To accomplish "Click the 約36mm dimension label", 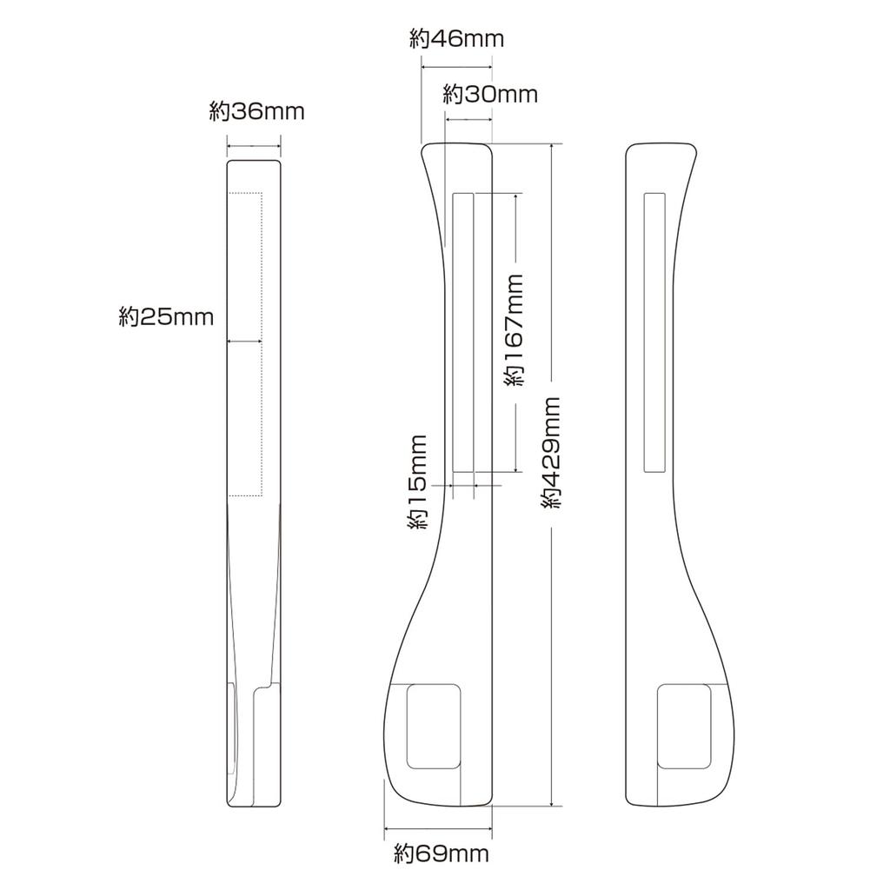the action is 256,111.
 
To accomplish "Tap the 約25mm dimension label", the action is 166,316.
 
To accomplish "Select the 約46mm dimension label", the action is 456,38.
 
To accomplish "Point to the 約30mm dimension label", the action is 490,94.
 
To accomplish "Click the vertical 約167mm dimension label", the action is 514,329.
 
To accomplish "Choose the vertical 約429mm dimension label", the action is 550,452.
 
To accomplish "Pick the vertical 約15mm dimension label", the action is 416,482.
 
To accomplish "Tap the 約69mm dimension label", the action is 442,853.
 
